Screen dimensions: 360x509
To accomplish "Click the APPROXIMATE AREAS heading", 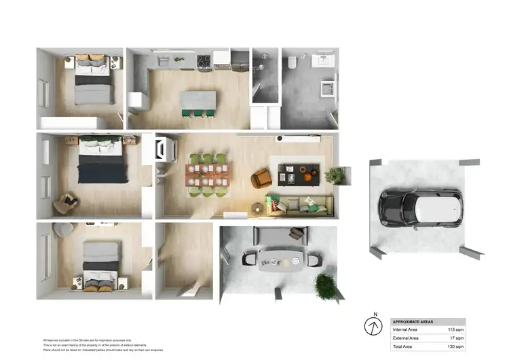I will point(414,321).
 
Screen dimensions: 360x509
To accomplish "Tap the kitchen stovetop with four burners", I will point(204,63).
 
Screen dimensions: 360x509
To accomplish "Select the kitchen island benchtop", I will point(198,101).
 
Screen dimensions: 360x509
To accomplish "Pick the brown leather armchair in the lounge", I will point(261,179).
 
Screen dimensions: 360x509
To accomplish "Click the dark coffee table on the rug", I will point(297,174).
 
